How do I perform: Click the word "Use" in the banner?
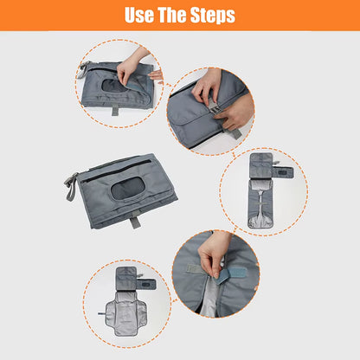coord(140,15)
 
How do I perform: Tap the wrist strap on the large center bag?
coord(71,183)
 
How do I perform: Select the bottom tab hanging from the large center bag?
coord(135,222)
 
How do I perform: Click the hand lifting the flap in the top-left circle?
coord(132,65)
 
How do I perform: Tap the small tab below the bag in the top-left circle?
coord(114,111)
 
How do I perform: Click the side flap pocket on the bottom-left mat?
coord(145,284)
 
